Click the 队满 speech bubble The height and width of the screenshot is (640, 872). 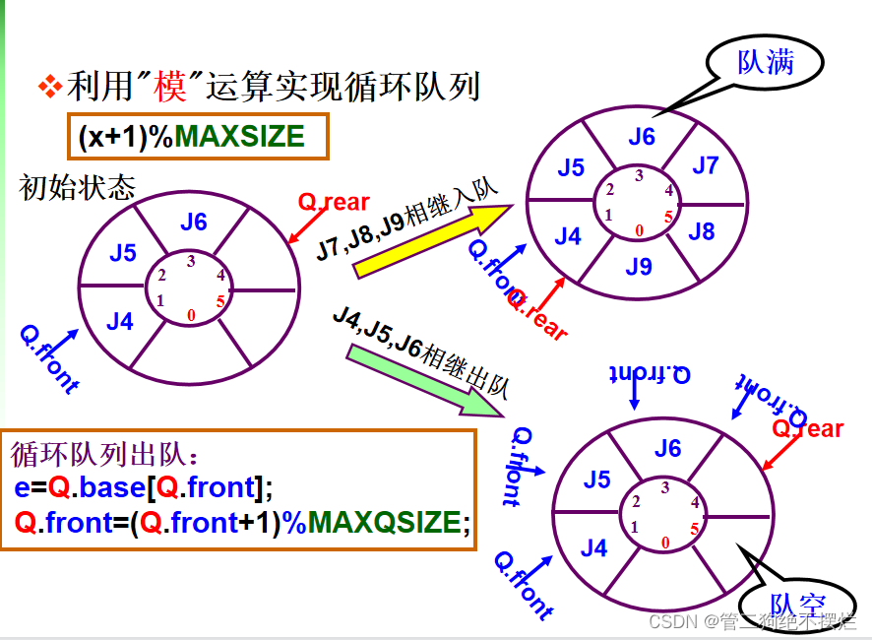pos(765,64)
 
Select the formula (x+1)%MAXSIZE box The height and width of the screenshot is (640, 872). pos(197,137)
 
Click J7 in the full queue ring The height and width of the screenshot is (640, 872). pos(706,165)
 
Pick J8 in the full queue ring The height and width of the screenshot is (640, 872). pos(701,231)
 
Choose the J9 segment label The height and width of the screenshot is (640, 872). pos(639,266)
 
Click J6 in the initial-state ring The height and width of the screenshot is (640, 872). pos(194,222)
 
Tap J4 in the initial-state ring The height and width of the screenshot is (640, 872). pos(120,321)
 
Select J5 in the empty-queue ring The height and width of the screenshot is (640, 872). pos(597,480)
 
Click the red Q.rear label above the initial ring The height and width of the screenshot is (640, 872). pos(334,203)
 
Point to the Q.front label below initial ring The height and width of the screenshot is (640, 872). pos(49,358)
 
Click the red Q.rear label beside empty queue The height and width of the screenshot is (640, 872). pos(807,428)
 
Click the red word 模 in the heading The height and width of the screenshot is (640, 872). pos(169,88)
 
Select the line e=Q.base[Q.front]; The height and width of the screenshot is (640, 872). pos(143,487)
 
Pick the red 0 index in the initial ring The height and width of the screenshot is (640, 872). pos(190,315)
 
